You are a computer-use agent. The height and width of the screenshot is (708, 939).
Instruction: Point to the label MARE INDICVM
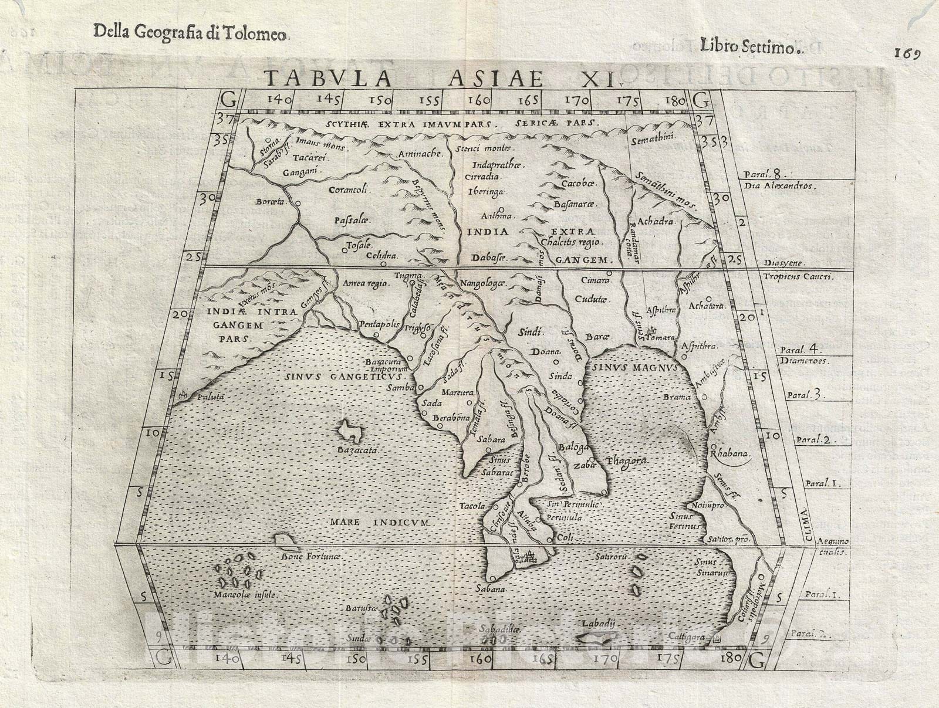(380, 521)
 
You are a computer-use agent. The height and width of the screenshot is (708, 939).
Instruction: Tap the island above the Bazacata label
(352, 432)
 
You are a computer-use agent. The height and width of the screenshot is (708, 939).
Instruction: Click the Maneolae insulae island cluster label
(246, 594)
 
